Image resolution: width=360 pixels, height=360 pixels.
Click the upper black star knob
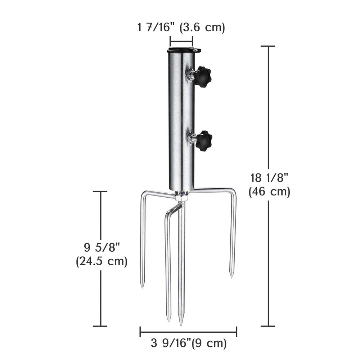click(x=203, y=76)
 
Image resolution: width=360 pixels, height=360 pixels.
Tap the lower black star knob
click(x=204, y=141)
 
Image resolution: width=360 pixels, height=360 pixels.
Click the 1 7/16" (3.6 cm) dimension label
click(x=181, y=27)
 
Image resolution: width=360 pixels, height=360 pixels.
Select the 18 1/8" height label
click(x=269, y=177)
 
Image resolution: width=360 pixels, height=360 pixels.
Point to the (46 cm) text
click(x=269, y=192)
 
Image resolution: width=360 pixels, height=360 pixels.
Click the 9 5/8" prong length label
click(x=102, y=248)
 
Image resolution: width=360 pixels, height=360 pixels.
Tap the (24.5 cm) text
click(x=102, y=261)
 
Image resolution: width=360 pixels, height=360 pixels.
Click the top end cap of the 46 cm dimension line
click(x=267, y=46)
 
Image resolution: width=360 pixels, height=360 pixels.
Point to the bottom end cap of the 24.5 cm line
click(x=100, y=326)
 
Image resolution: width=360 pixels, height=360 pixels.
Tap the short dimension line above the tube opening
click(x=181, y=41)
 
